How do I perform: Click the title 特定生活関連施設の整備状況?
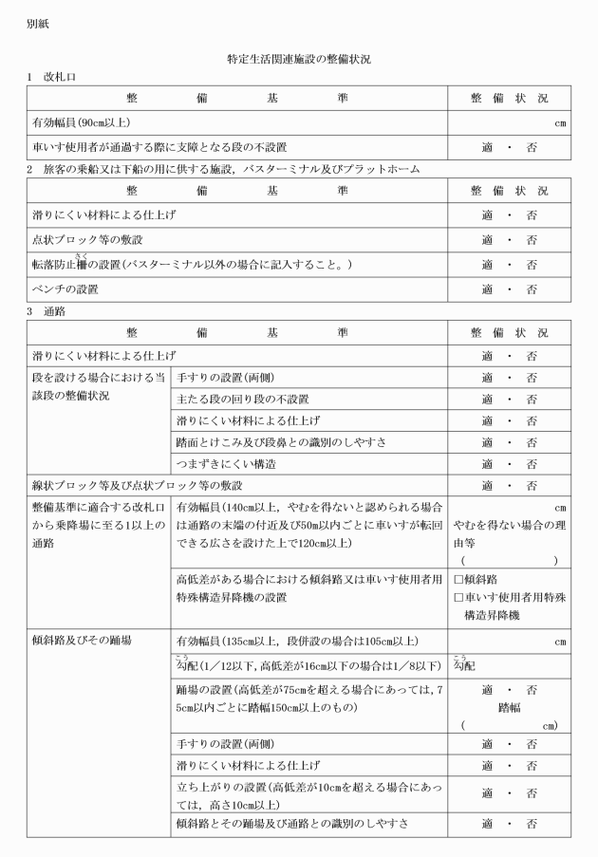[299, 59]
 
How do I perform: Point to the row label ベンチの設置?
[65, 288]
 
